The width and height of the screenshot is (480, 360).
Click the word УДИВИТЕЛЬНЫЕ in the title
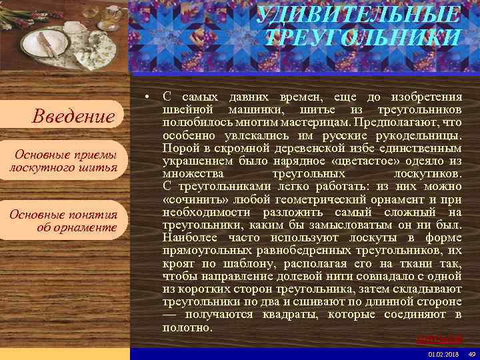(359, 14)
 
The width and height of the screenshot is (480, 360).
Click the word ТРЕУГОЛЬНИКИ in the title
(363, 37)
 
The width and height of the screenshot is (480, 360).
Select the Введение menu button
(74, 117)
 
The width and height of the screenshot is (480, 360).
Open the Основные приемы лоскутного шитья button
(64, 161)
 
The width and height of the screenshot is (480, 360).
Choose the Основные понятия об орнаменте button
(64, 221)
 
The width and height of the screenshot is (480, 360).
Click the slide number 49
(472, 354)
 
